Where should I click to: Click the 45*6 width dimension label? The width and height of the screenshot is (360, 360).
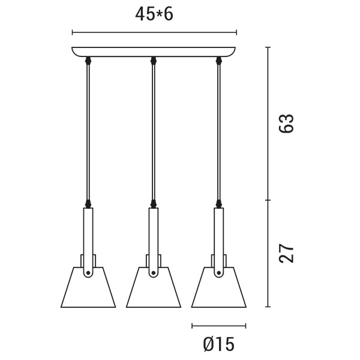click(x=154, y=14)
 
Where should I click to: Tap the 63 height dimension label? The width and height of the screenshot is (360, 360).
click(x=286, y=123)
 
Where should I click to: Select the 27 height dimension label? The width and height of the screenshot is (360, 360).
click(x=286, y=253)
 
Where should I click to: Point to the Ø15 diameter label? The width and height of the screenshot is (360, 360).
click(x=219, y=344)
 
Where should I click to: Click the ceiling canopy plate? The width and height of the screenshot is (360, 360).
click(x=154, y=52)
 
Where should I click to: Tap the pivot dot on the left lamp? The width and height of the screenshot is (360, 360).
click(x=88, y=273)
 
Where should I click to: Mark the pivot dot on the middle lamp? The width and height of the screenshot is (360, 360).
click(x=154, y=273)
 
